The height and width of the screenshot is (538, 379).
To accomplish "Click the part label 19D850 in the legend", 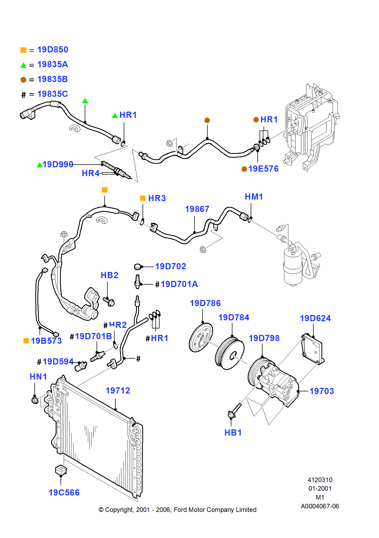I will pyautogui.click(x=53, y=50).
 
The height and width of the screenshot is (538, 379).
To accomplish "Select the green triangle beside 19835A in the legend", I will pyautogui.click(x=23, y=65).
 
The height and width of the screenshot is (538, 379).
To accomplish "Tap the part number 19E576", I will pyautogui.click(x=263, y=169).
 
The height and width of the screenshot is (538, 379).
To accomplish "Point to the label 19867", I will pyautogui.click(x=197, y=209).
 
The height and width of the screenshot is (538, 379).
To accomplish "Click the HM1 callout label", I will pyautogui.click(x=254, y=197).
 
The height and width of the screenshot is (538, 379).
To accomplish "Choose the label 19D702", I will pyautogui.click(x=171, y=266).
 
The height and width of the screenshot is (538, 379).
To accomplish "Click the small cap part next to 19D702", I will pyautogui.click(x=138, y=267).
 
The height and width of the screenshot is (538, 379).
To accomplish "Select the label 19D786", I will pyautogui.click(x=205, y=303).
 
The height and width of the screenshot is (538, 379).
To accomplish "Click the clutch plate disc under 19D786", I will pyautogui.click(x=201, y=337).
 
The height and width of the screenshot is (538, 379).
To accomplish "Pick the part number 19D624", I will pyautogui.click(x=315, y=318).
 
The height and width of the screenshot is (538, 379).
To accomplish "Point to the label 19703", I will pyautogui.click(x=322, y=391).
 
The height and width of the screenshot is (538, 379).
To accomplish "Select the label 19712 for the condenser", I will pyautogui.click(x=118, y=391).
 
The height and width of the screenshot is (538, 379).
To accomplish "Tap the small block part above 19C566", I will pyautogui.click(x=61, y=470).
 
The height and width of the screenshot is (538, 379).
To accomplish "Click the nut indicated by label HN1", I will pyautogui.click(x=35, y=400).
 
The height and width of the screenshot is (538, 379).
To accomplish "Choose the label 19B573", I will pyautogui.click(x=46, y=341).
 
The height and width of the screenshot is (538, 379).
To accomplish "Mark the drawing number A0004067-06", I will pyautogui.click(x=320, y=506).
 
